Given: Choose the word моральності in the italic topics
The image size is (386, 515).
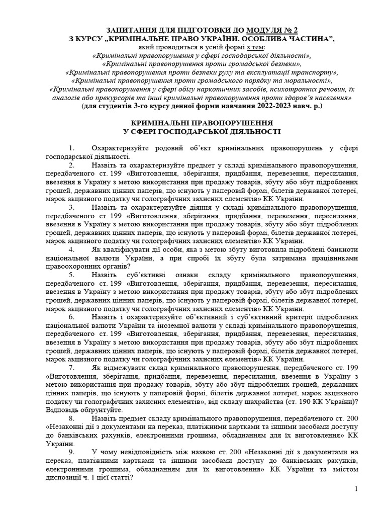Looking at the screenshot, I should [x=310, y=81].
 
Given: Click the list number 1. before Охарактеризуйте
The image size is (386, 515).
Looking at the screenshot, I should [x=71, y=148].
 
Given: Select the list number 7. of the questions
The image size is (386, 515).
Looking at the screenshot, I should [x=71, y=368].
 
